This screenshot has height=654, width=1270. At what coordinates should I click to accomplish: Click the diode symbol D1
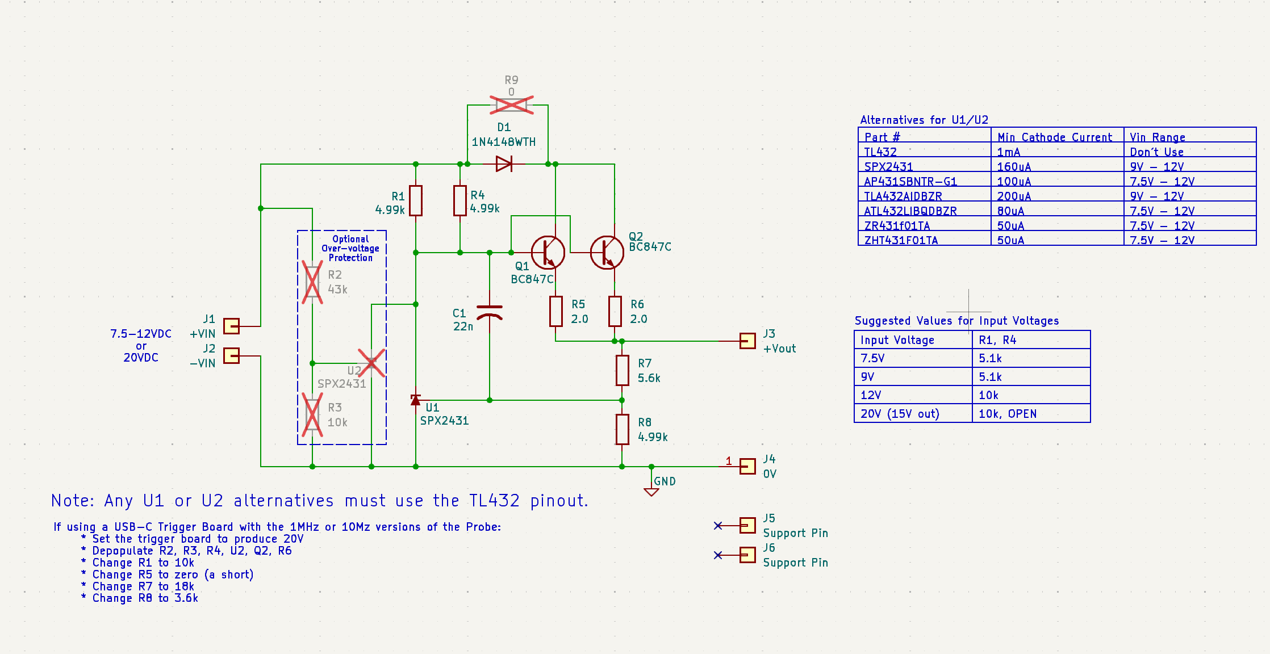coord(504,164)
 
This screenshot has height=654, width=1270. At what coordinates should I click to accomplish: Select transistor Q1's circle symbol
coord(548,253)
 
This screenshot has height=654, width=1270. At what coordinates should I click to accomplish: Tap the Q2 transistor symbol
coord(607,253)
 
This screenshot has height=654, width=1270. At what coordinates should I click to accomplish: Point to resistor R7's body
coord(622,370)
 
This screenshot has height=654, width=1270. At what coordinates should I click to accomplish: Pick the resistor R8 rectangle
coord(622,429)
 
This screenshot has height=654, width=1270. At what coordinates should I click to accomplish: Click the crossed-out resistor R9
coord(511,105)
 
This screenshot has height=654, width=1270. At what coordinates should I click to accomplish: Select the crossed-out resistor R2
coord(312,282)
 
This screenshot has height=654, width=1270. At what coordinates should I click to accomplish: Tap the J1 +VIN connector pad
coord(231,326)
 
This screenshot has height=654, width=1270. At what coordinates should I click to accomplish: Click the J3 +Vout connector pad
coord(747,341)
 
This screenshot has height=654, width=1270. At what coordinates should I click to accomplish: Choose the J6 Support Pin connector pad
coord(747,555)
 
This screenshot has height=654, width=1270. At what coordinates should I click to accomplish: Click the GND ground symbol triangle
coord(651,492)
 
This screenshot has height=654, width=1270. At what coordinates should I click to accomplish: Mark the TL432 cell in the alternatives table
coord(880,152)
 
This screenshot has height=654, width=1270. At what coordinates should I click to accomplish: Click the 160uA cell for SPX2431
coord(1014,167)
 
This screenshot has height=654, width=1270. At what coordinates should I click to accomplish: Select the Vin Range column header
coord(1158,137)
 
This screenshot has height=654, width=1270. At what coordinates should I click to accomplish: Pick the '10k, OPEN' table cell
coord(1008,414)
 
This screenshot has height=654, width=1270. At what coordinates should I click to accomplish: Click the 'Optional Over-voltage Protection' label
coord(350,249)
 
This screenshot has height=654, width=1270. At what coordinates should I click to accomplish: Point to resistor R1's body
coord(416,200)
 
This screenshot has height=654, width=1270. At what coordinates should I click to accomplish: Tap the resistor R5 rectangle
coord(555,311)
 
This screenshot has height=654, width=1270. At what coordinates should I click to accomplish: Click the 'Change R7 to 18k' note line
coord(143,586)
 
